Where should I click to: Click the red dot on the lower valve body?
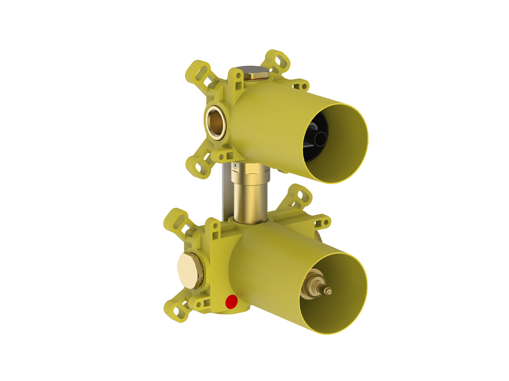(231, 302)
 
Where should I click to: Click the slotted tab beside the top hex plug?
(237, 79)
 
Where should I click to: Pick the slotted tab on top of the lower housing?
(215, 230)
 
